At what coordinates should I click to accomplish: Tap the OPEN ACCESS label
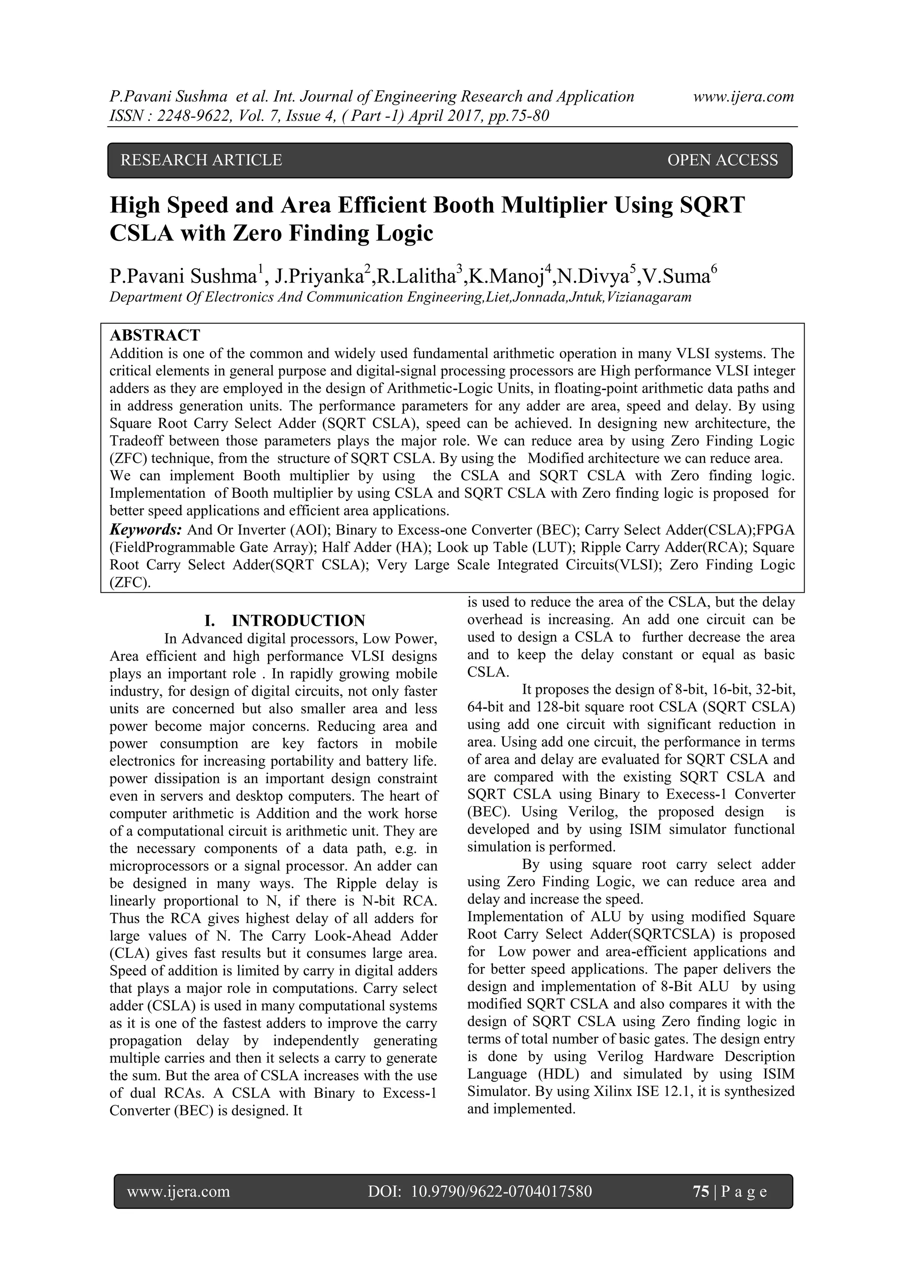722,160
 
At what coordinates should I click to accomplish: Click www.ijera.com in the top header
743,97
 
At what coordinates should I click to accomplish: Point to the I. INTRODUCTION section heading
285,621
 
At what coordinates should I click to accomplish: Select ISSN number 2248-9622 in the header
187,116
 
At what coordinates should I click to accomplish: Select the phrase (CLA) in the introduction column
128,953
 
